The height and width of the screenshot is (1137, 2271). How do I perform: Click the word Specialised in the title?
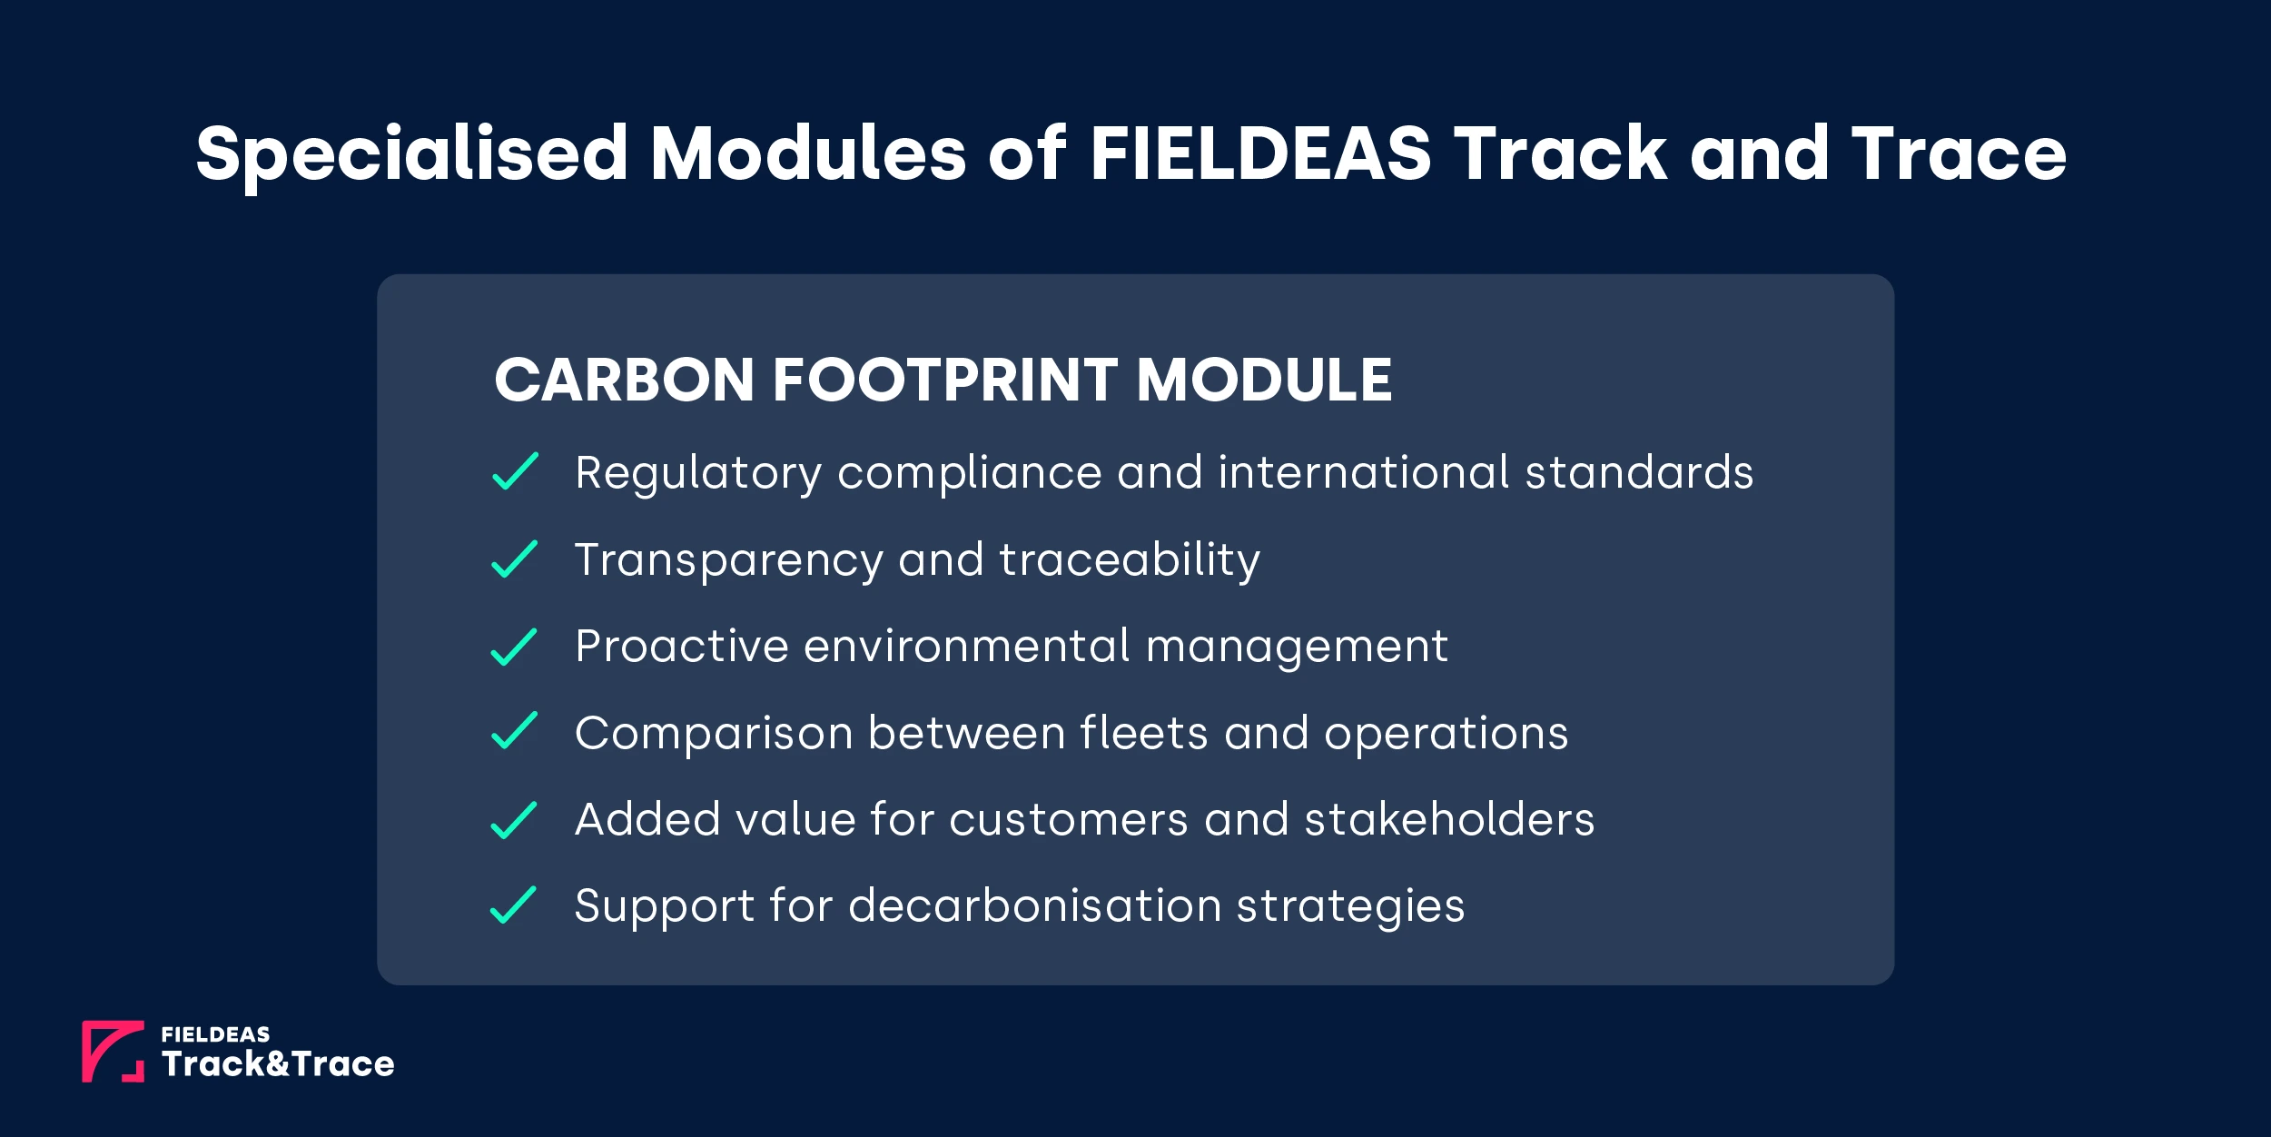[x=411, y=154]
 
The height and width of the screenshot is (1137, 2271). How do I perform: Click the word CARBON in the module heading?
[x=624, y=380]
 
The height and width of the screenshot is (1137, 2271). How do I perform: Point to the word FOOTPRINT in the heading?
[x=944, y=380]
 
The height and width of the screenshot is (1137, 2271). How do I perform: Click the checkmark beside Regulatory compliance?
[x=515, y=471]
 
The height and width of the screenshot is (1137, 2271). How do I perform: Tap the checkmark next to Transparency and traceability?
[x=515, y=559]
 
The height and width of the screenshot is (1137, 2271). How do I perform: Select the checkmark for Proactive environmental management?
[x=515, y=647]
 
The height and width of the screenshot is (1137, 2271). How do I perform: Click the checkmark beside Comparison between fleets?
[x=515, y=731]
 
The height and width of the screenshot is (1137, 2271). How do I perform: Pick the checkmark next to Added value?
[x=515, y=820]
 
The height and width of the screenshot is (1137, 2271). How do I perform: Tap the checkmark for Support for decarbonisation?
[x=515, y=905]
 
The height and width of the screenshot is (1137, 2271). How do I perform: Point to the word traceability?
[x=1130, y=560]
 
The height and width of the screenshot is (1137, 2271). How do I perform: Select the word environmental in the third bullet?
[x=967, y=647]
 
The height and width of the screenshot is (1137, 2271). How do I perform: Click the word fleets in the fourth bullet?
[x=1144, y=733]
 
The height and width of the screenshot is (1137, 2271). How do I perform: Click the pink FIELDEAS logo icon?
[x=113, y=1051]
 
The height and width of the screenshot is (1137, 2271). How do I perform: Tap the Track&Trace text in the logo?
[x=278, y=1063]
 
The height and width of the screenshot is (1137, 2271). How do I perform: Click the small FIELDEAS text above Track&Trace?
[x=215, y=1034]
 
